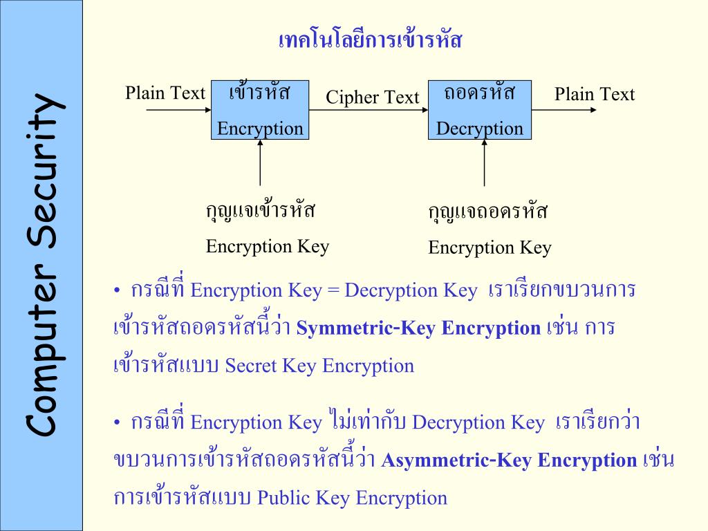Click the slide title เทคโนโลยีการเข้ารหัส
(369, 40)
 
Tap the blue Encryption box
(260, 110)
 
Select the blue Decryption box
(479, 110)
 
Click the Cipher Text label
(373, 97)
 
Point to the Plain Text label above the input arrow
(165, 93)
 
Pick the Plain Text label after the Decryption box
(594, 94)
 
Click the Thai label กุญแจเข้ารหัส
(261, 209)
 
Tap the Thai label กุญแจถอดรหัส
(487, 211)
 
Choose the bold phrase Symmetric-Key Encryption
(418, 328)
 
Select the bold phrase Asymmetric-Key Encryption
(508, 460)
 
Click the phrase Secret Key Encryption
(319, 365)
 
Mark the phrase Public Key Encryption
(352, 498)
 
